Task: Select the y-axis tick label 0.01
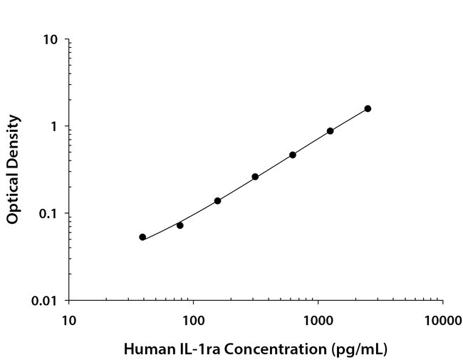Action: coord(45,300)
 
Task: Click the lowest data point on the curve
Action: coord(142,237)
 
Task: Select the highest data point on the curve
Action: coord(368,108)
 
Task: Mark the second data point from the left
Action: coord(180,225)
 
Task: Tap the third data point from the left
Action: coord(217,200)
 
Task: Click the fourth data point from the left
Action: coord(255,176)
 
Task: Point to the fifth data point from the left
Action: coord(293,155)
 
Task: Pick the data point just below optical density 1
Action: coord(331,130)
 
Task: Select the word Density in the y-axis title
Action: coord(13,140)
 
